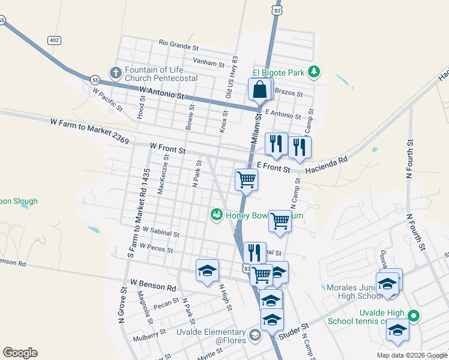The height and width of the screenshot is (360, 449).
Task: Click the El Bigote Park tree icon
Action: click(313, 73)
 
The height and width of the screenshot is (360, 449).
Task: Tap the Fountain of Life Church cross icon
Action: click(115, 73)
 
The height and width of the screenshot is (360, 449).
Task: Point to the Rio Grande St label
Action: click(179, 45)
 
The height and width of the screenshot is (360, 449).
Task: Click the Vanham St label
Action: click(208, 61)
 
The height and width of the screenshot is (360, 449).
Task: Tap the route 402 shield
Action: click(55, 40)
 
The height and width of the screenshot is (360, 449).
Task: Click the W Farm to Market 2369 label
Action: click(89, 131)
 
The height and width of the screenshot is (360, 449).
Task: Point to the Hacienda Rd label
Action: click(327, 166)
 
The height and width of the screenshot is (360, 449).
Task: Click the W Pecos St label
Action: click(156, 247)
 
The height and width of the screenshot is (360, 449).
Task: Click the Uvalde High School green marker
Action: click(413, 315)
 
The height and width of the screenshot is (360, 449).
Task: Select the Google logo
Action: click(20, 353)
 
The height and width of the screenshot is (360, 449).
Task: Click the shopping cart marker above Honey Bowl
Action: click(246, 179)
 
